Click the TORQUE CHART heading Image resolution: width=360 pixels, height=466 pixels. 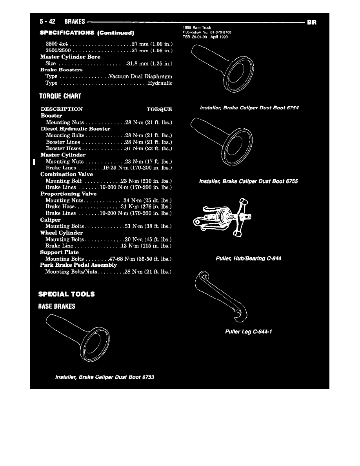[60, 96]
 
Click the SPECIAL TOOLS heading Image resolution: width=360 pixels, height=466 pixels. [66, 294]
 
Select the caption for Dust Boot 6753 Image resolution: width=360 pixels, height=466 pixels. [105, 377]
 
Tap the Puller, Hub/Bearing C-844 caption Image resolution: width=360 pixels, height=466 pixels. [249, 258]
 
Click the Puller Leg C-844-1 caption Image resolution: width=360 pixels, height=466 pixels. [249, 331]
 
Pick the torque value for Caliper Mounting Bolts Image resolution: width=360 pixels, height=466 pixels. [148, 226]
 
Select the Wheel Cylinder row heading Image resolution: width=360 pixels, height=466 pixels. [62, 233]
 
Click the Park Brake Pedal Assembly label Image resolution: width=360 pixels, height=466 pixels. [78, 265]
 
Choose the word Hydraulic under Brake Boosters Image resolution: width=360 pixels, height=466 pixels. [159, 83]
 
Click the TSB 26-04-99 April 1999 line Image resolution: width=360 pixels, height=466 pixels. [205, 37]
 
